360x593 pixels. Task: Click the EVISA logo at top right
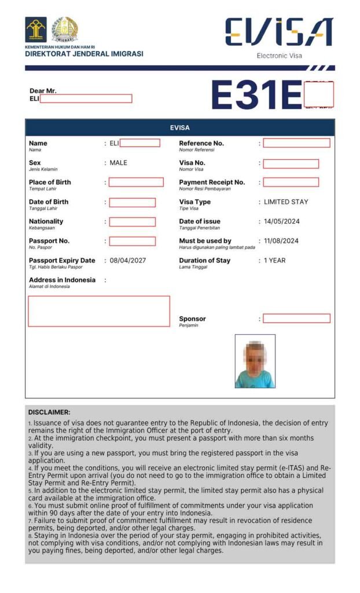(x=278, y=32)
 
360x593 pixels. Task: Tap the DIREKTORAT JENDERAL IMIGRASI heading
(x=84, y=54)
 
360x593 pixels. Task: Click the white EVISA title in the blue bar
(x=179, y=127)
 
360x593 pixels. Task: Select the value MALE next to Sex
(x=118, y=163)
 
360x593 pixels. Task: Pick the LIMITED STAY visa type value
(x=286, y=202)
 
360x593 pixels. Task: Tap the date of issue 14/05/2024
(x=281, y=222)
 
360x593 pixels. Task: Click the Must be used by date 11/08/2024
(x=281, y=241)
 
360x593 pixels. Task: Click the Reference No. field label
(x=201, y=144)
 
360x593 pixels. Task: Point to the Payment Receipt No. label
(x=212, y=182)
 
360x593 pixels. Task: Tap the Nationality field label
(x=46, y=222)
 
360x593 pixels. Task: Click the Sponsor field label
(x=192, y=319)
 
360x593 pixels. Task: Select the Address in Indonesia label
(x=62, y=280)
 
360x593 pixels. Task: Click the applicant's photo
(x=255, y=361)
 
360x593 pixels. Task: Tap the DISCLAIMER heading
(x=49, y=412)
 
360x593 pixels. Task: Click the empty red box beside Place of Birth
(x=136, y=182)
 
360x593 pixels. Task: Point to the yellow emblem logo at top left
(x=36, y=30)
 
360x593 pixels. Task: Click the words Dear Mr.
(x=43, y=91)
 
